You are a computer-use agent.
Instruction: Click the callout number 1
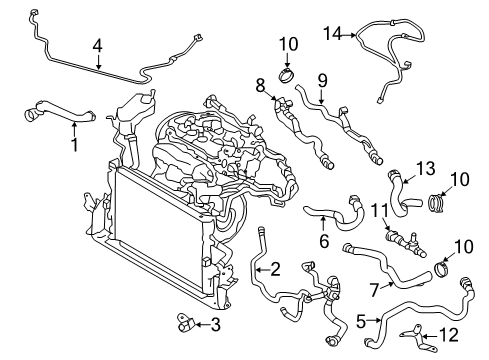72,143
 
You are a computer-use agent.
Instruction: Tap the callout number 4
98,45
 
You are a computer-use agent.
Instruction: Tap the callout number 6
323,241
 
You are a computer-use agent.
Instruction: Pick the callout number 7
373,288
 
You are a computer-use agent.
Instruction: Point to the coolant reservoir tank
134,110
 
